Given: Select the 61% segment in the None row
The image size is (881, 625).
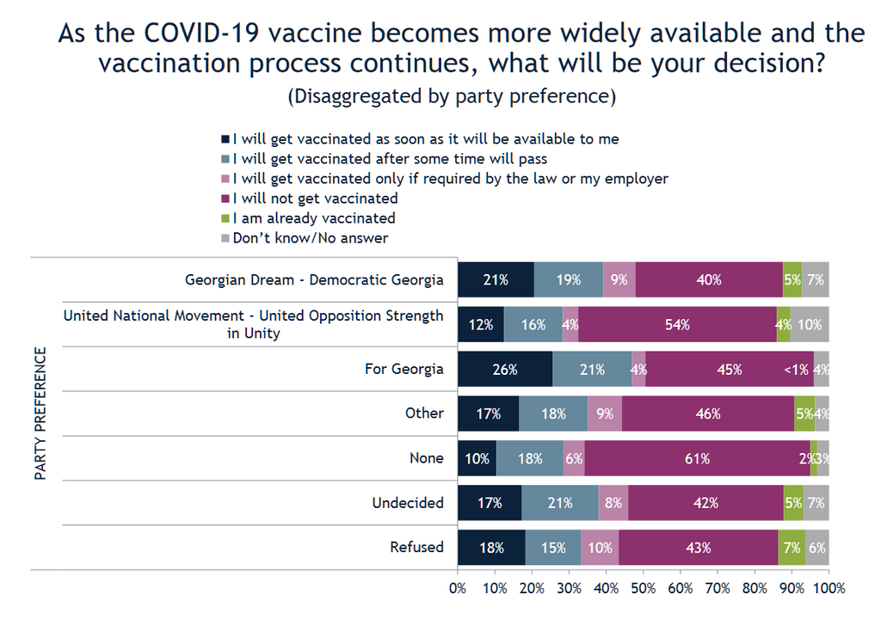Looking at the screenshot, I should coord(697,458).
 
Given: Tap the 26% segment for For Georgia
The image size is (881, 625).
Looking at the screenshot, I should coord(505,369).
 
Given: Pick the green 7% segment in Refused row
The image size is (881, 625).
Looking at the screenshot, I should coord(792,548).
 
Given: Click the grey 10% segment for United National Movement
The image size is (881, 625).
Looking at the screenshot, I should coord(810,324).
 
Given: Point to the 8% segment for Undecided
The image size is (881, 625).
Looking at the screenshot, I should coord(613,503).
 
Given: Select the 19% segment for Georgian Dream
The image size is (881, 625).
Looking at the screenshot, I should coord(568,279).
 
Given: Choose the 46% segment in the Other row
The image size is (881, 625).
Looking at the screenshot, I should coord(708,414).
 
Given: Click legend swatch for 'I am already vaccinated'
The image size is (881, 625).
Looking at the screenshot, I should coord(225,218).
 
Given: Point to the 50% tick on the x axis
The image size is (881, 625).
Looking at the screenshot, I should coord(644,589).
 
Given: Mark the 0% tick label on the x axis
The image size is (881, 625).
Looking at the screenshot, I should coord(458,589).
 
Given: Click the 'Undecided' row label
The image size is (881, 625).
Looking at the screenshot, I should coord(408,503).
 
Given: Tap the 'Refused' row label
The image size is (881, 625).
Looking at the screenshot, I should coord(417,548).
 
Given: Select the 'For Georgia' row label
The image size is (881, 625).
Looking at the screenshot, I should coord(404,369).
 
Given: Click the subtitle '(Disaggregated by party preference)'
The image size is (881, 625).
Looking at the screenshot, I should coord(452,96).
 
